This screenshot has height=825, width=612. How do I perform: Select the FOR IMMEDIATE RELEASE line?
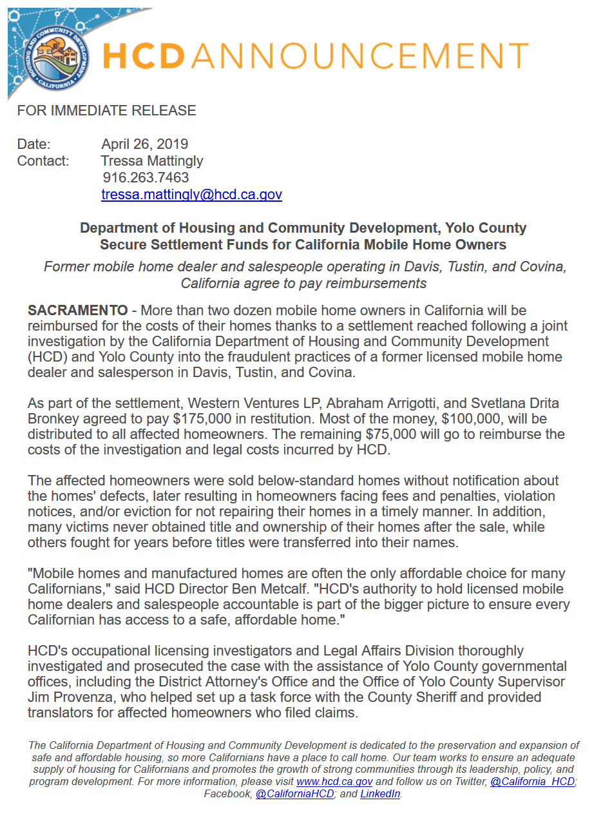106,111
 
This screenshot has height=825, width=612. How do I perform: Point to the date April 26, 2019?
145,144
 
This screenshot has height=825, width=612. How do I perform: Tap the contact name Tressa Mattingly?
152,161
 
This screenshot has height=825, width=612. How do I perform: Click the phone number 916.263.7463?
146,178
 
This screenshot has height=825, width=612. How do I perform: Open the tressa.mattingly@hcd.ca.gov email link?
191,195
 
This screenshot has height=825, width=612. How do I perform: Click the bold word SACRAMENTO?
77,311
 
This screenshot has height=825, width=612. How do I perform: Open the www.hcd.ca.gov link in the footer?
334,782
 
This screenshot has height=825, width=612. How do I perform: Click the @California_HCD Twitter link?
532,782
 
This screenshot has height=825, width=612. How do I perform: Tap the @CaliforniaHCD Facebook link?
294,794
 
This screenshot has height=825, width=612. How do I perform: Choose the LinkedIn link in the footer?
380,794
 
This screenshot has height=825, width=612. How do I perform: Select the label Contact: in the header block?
43,161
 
